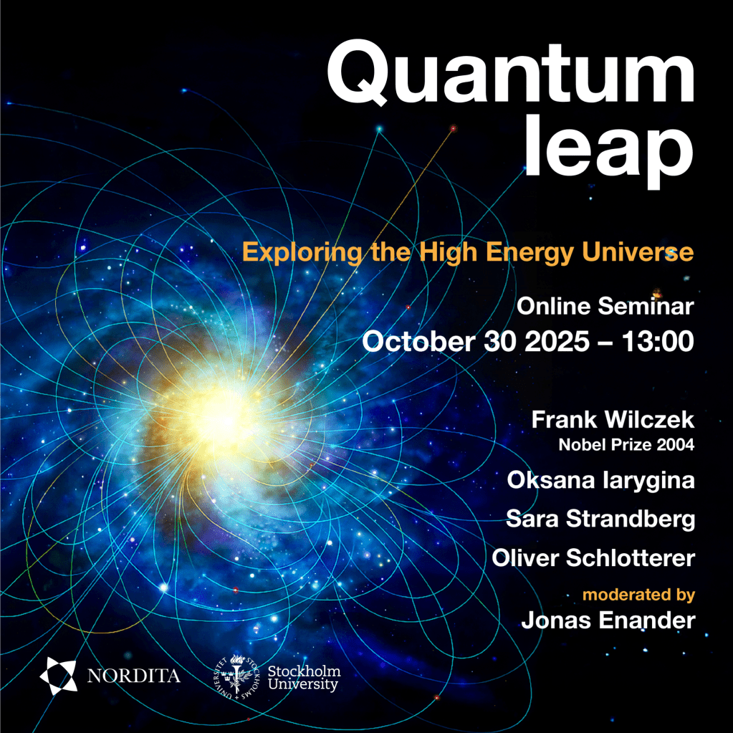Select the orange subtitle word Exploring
pyautogui.click(x=302, y=253)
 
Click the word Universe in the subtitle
pyautogui.click(x=638, y=252)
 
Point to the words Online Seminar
pyautogui.click(x=605, y=306)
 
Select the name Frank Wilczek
pyautogui.click(x=613, y=419)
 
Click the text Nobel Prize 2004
pyautogui.click(x=626, y=444)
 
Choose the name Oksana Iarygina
pyautogui.click(x=600, y=481)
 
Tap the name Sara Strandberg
pyautogui.click(x=600, y=519)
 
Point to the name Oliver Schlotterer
pyautogui.click(x=593, y=557)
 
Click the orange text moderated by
pyautogui.click(x=638, y=595)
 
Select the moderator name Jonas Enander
pyautogui.click(x=608, y=621)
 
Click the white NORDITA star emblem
pyautogui.click(x=59, y=676)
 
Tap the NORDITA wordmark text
pyautogui.click(x=134, y=676)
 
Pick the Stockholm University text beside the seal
pyautogui.click(x=304, y=678)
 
